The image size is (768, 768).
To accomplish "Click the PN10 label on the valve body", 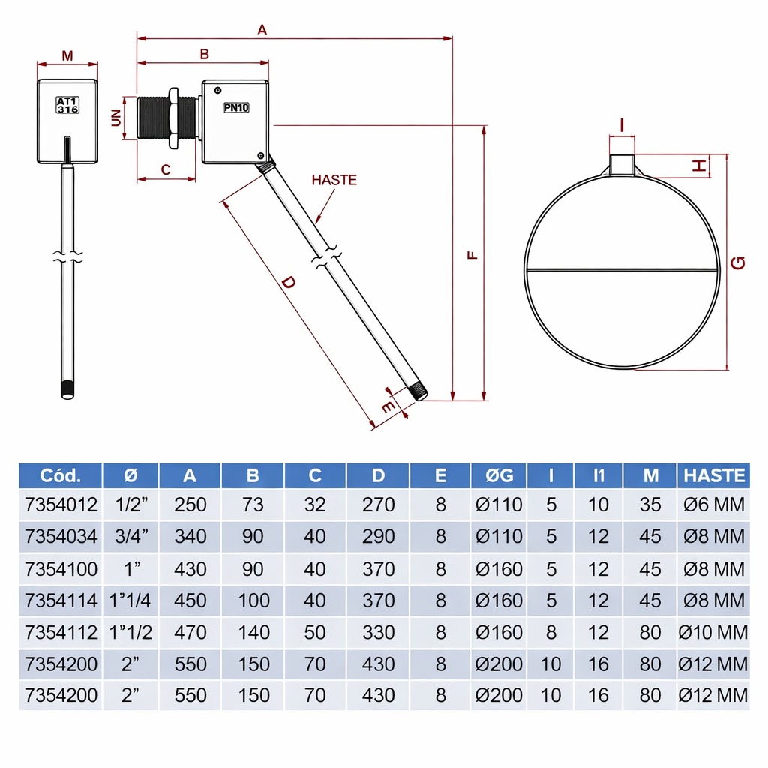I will (x=236, y=107).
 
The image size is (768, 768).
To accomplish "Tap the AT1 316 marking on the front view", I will (x=67, y=104).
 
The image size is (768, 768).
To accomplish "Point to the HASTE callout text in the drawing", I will (x=334, y=180).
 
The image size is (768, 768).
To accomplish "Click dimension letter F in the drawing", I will (x=472, y=254).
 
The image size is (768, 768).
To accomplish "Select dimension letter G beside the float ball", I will (x=739, y=262).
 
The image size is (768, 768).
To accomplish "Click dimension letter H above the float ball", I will (x=699, y=166).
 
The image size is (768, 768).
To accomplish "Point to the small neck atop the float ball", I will (x=622, y=164).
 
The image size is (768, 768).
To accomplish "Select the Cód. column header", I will (x=60, y=475).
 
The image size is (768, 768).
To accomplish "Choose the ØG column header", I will (x=498, y=475).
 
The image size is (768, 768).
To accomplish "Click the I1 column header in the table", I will (x=598, y=475).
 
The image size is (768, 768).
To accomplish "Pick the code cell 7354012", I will (x=61, y=505).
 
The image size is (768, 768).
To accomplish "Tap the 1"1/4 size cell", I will (x=130, y=601).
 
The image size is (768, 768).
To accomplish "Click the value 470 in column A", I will (x=190, y=632).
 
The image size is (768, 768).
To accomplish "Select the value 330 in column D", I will (x=378, y=632).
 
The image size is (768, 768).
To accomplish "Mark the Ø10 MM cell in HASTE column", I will (x=713, y=632).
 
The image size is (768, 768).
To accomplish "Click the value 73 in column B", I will (x=253, y=505).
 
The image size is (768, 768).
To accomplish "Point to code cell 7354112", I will (x=61, y=632).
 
